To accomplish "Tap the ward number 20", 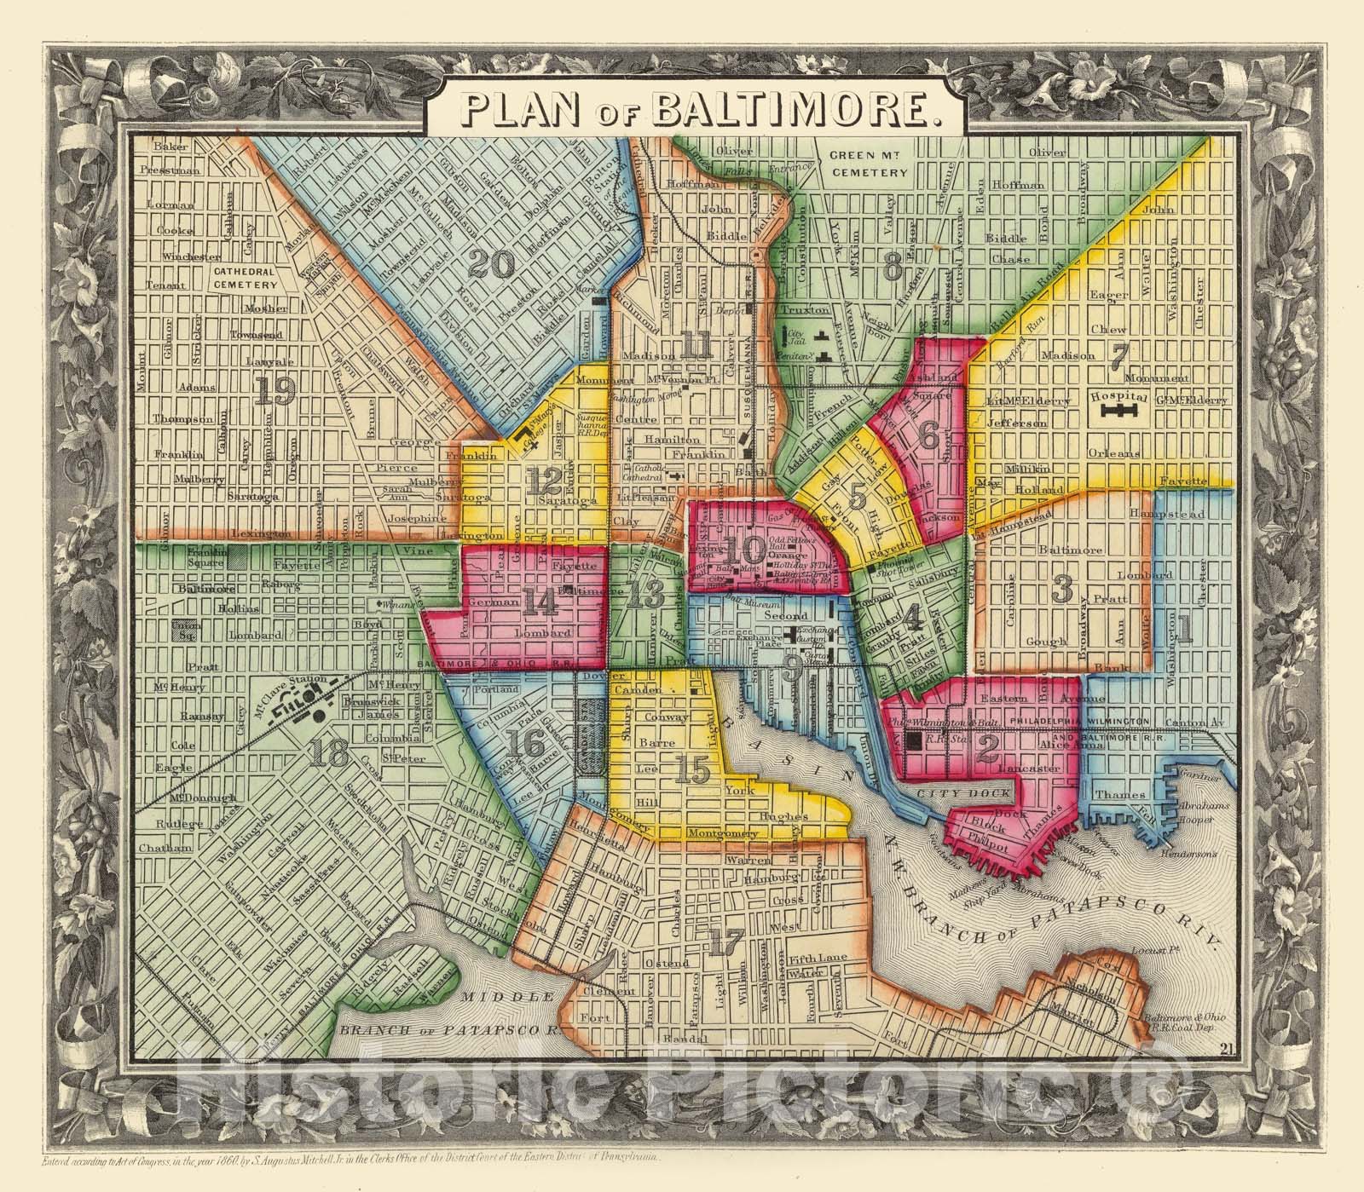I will coord(492,267).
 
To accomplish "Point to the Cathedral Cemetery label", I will coord(245,279).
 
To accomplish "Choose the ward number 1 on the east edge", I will coord(1183,629).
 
